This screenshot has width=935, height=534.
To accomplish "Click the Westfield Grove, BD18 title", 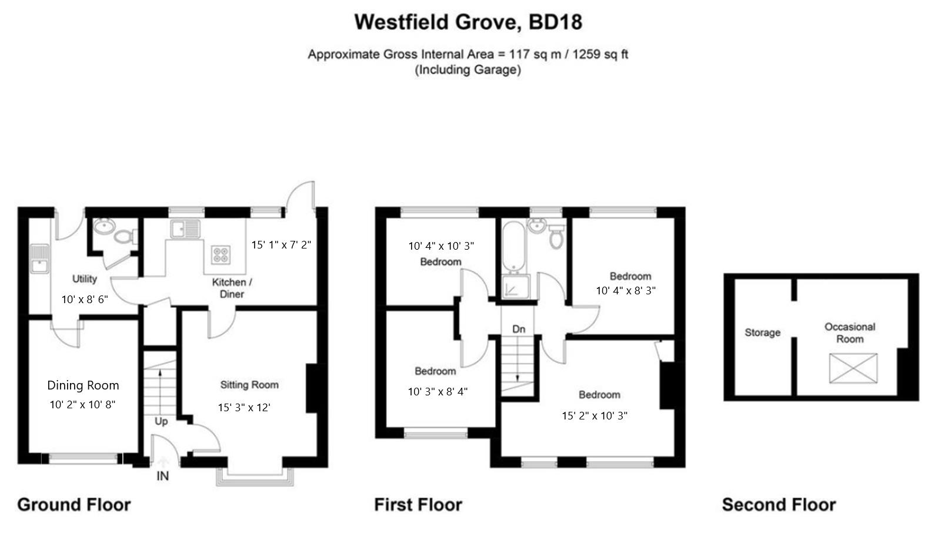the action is (468, 22).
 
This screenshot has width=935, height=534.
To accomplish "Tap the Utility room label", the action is (85, 278).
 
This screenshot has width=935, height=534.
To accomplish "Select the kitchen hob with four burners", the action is (221, 255).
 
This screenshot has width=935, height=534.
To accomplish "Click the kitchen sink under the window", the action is (185, 229).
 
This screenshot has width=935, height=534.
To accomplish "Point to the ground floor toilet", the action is (126, 237).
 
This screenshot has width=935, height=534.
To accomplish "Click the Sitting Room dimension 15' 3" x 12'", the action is (244, 407).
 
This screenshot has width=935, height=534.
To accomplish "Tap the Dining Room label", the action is (83, 385).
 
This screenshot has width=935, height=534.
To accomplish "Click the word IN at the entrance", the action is (163, 476).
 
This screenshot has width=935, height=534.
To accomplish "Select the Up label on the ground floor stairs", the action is (161, 421).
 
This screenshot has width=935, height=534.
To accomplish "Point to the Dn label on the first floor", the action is (519, 329).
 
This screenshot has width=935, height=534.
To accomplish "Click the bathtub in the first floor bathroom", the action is (513, 246).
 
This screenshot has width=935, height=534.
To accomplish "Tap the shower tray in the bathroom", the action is (516, 286).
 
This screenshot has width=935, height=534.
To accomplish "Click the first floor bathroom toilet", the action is (556, 236).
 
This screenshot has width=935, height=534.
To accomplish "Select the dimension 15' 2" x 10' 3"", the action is (595, 415).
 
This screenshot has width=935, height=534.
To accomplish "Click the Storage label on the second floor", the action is (763, 333).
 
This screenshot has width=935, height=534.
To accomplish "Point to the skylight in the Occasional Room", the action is (853, 368).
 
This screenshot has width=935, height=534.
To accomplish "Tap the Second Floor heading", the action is (779, 505).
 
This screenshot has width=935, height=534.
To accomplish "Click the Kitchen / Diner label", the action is (232, 288).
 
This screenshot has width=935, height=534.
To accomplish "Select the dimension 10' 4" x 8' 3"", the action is (626, 291).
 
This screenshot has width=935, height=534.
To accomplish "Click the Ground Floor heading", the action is (74, 505).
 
